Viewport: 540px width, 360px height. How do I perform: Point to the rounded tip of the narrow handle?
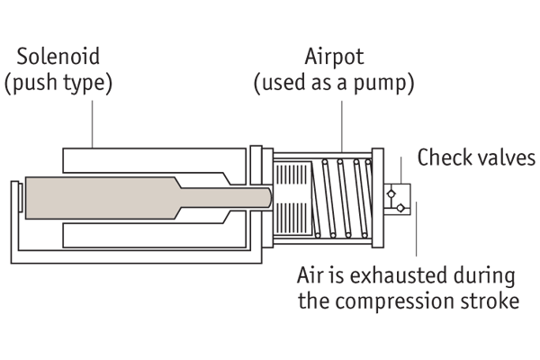pos(269,197)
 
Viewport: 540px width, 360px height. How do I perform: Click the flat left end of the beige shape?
pos(28,198)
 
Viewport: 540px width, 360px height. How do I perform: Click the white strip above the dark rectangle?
pos(270,22)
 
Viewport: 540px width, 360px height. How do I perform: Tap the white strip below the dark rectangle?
pos(270,337)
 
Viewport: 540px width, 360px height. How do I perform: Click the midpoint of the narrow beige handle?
pos(228,197)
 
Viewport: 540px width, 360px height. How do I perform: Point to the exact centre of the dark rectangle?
pos(270,180)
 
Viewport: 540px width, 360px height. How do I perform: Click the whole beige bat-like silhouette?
pos(135,198)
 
